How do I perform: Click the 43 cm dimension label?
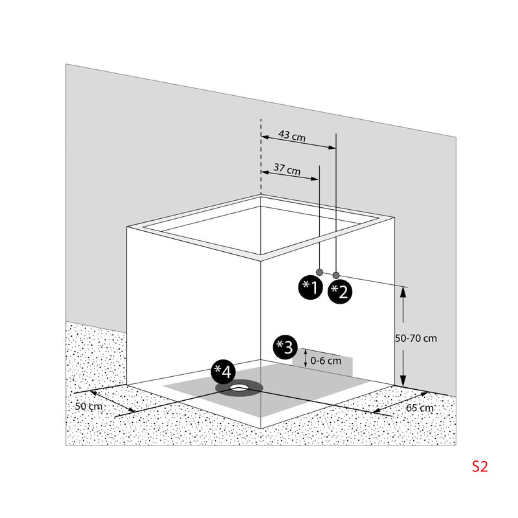pos(292,136)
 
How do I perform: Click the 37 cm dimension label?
pos(287,169)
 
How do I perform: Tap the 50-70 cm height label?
pos(416,338)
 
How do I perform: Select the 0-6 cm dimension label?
pos(326,361)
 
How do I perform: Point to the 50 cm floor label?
pos(89,407)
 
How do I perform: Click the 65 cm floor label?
pos(420,408)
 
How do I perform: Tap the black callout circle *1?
pos(310,287)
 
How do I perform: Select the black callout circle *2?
pos(339,292)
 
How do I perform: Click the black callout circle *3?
pos(285,348)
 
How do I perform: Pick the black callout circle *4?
pos(223,372)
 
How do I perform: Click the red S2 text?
pos(480,466)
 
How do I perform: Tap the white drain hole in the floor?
pos(240,387)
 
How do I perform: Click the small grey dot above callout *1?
pos(319,272)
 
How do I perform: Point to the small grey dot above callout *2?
pos(336,275)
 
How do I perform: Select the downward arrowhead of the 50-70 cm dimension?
pos(403,381)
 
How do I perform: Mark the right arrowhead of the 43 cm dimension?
pos(332,148)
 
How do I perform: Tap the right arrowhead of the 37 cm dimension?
pos(315,179)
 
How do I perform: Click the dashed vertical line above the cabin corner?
pos(261,157)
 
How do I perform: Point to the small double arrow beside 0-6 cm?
pos(306,358)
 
